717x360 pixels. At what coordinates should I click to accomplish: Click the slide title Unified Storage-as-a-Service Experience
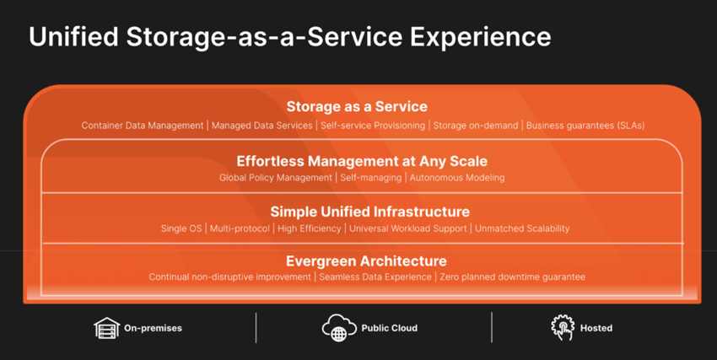(x=290, y=36)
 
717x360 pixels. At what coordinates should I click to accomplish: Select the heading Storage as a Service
(x=357, y=106)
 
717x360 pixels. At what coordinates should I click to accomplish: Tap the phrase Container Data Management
(x=143, y=125)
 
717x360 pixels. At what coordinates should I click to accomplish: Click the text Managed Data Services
(x=261, y=125)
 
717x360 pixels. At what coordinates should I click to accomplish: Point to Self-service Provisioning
(x=373, y=125)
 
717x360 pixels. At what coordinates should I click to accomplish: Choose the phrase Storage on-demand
(x=476, y=125)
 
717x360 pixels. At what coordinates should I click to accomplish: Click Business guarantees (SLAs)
(x=585, y=125)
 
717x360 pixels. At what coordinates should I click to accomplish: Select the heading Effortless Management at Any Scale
(x=362, y=161)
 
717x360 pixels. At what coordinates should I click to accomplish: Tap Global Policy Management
(x=276, y=177)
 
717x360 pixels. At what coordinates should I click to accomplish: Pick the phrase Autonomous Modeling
(x=457, y=177)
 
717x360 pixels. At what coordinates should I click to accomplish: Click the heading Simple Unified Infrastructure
(x=370, y=212)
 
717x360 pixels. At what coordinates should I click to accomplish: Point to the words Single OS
(x=181, y=228)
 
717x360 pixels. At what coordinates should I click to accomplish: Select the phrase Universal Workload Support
(x=408, y=228)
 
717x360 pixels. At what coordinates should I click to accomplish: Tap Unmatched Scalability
(x=522, y=228)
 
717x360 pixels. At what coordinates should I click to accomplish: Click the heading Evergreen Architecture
(x=366, y=261)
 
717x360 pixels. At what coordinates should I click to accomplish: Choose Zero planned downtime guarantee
(x=512, y=277)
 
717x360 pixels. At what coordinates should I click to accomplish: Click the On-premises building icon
(x=106, y=328)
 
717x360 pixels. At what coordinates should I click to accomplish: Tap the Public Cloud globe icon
(x=339, y=328)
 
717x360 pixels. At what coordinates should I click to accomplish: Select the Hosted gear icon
(x=563, y=328)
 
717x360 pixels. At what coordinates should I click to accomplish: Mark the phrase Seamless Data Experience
(x=375, y=277)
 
